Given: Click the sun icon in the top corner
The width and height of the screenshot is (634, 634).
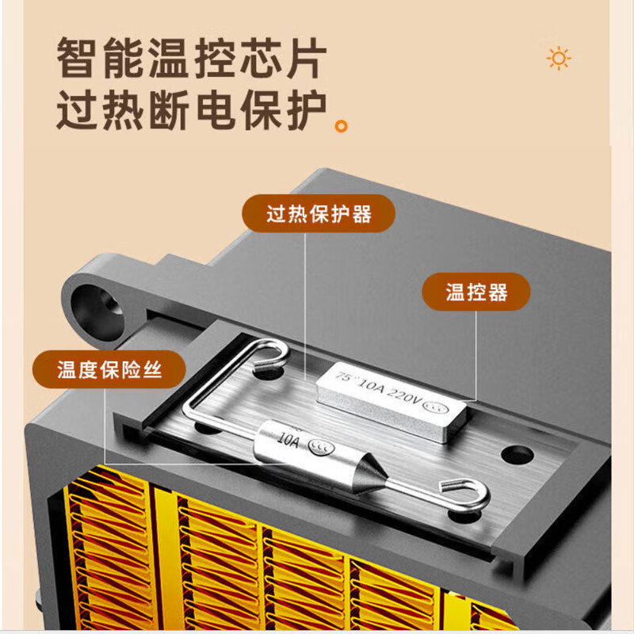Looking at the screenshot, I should click(560, 59).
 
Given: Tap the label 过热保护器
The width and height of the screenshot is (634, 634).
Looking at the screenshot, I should click(319, 214).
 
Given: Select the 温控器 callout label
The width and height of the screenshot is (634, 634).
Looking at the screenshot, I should click(475, 292).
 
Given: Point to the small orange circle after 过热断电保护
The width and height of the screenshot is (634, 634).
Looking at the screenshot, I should click(342, 125).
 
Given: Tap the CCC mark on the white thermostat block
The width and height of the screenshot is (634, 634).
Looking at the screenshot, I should click(433, 407).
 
